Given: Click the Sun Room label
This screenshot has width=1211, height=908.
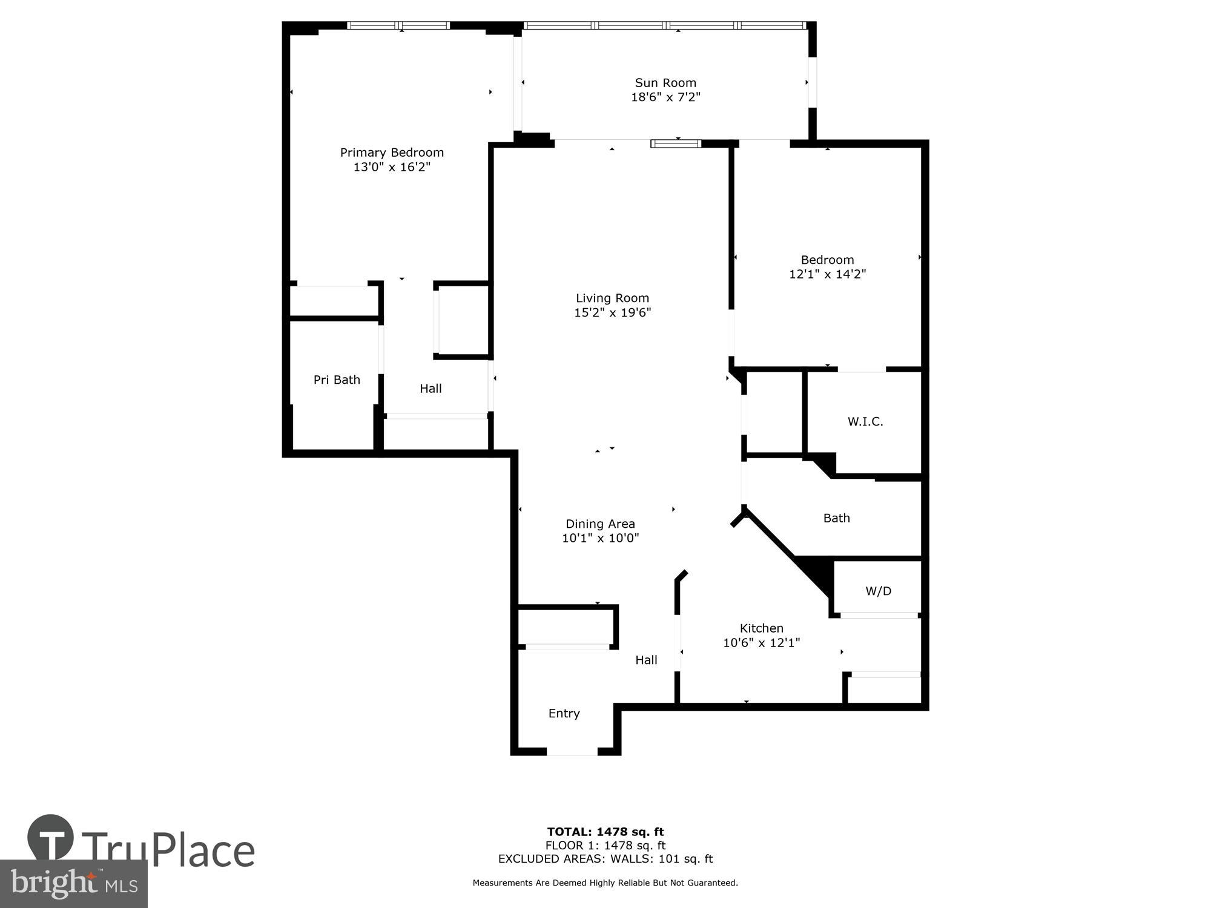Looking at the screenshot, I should tap(665, 83).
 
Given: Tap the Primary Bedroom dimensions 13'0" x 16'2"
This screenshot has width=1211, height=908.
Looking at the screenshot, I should tap(392, 167).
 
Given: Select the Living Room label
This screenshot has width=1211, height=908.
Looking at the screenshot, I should tap(612, 298).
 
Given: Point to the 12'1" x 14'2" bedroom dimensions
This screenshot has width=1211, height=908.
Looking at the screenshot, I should tap(827, 274).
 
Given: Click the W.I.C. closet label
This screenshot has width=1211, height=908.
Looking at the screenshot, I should tap(865, 422).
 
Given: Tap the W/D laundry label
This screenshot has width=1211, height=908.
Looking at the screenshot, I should tap(878, 591).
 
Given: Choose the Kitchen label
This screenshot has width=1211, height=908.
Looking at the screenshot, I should tap(761, 628).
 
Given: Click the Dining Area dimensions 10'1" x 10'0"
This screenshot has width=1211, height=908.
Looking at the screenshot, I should tap(600, 538).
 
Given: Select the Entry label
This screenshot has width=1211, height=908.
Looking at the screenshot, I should tap(564, 714).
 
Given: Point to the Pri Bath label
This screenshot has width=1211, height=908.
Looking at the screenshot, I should tap(337, 380).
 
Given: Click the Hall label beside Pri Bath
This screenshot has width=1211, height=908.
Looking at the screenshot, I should tap(431, 389).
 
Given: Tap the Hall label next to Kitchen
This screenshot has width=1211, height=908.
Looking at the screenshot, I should tap(646, 660).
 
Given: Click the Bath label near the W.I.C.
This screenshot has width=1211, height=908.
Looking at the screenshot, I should tap(836, 518).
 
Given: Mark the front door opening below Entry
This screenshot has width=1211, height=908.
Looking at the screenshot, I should tap(572, 752).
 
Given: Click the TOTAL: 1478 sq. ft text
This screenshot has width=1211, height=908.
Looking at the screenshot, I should tap(605, 832).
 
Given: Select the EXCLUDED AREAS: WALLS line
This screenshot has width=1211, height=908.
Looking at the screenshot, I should tap(605, 859).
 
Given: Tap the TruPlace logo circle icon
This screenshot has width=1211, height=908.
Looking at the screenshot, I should tap(50, 838).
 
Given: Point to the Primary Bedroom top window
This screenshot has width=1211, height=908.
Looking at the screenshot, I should tap(398, 25).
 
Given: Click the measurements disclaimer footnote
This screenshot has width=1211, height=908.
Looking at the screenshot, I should tap(605, 883).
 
